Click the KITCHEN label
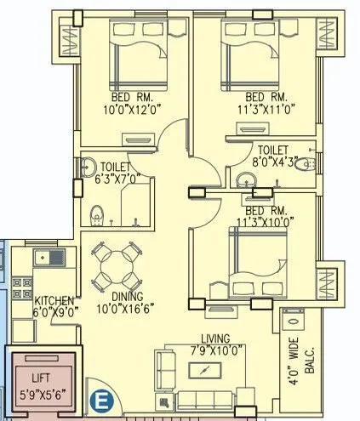click(x=53, y=301)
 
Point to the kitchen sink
click(x=43, y=255)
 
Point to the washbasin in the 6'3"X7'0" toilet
click(x=86, y=168)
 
